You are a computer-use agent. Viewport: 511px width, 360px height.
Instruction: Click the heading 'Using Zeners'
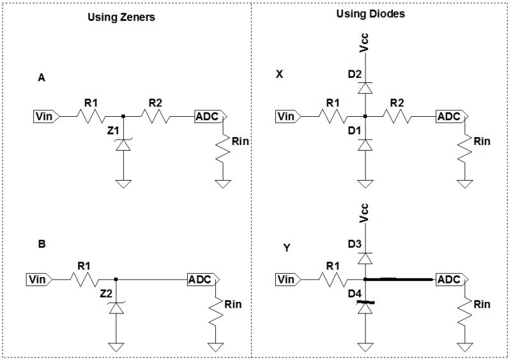click(x=121, y=17)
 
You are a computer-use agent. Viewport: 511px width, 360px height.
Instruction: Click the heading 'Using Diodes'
click(x=370, y=13)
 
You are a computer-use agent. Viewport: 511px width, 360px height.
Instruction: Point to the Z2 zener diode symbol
click(x=116, y=308)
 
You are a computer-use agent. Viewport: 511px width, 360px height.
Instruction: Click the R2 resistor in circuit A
click(x=156, y=116)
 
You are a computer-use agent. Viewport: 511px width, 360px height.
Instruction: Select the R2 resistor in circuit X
click(x=397, y=116)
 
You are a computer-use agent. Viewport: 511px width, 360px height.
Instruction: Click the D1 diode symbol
click(x=364, y=146)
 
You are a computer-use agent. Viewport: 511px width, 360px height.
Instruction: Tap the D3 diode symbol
click(x=364, y=257)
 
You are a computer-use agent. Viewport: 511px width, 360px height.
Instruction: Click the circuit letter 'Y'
click(x=287, y=248)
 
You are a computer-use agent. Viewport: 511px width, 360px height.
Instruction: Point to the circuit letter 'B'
click(x=42, y=244)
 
